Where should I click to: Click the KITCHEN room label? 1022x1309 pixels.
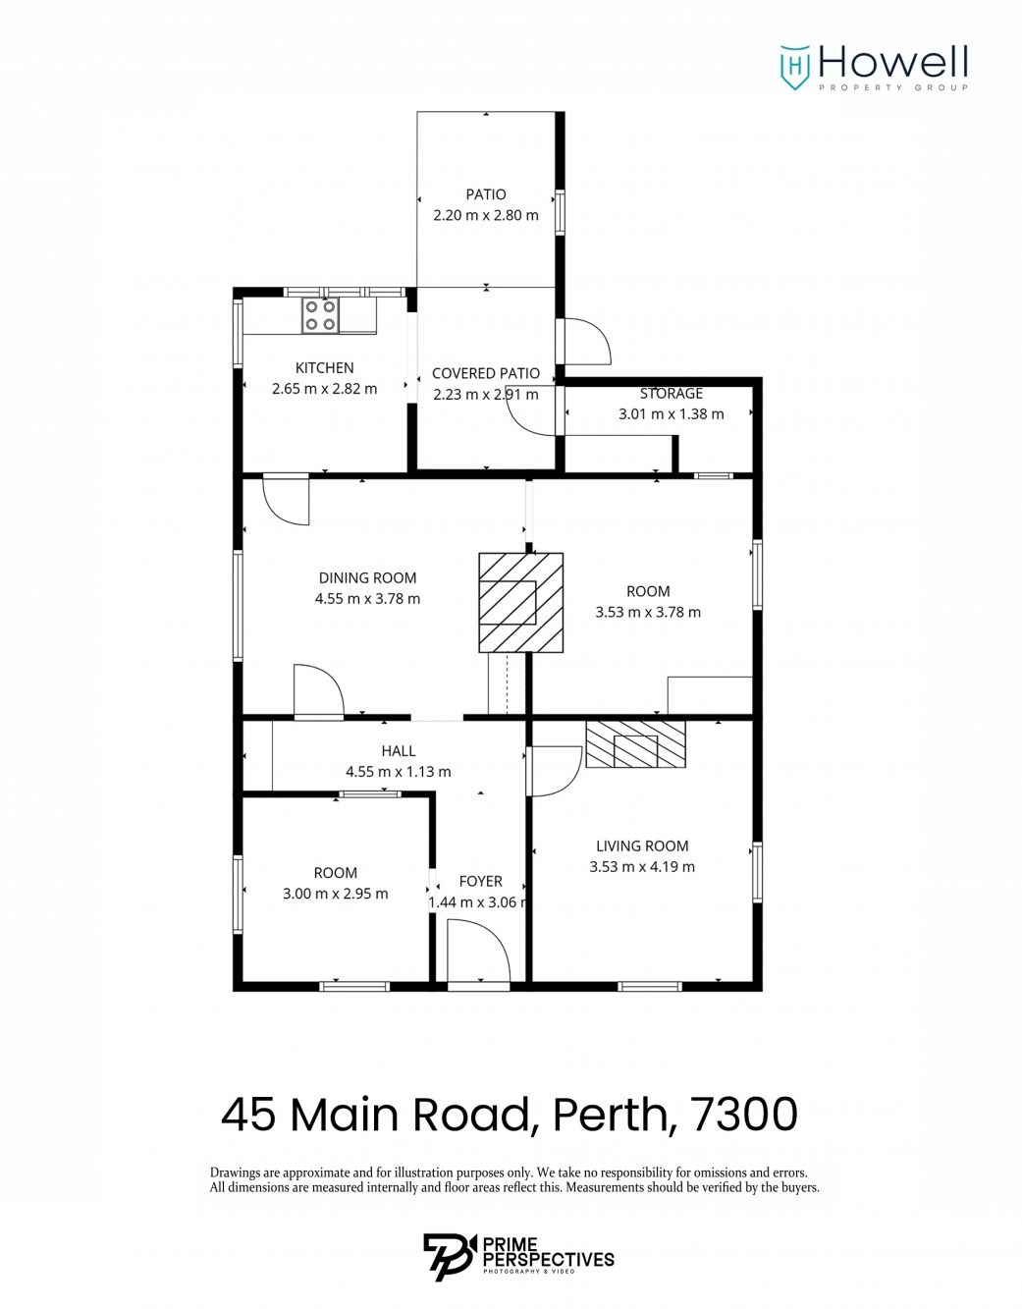pos(324,367)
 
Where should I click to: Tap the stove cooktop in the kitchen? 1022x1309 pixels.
pos(320,315)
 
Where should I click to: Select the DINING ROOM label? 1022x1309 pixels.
pos(367,577)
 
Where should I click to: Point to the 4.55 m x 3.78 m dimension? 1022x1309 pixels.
pos(367,599)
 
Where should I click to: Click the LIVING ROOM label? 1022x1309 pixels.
pos(642,845)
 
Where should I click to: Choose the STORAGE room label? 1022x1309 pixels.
pos(671,394)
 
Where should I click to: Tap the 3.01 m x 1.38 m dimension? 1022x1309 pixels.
pos(671,413)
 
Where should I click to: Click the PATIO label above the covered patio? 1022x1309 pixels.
pos(485,194)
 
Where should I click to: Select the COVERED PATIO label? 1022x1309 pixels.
pos(485,373)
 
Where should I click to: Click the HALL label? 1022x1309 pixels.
pos(398,750)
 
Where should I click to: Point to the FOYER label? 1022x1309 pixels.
pos(480,881)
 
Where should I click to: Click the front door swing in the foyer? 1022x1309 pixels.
pos(479,953)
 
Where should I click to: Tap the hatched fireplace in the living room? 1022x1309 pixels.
pos(635,744)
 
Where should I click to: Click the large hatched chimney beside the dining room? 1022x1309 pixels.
pos(521,602)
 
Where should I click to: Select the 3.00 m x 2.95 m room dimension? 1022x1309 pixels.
pos(336,894)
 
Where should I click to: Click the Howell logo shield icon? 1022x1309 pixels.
pos(794,68)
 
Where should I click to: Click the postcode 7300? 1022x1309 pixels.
pos(746,1116)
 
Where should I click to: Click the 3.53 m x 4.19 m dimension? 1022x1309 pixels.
pos(642,867)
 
